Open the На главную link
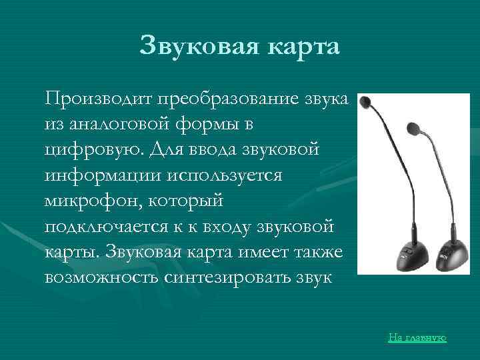click(x=417, y=338)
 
